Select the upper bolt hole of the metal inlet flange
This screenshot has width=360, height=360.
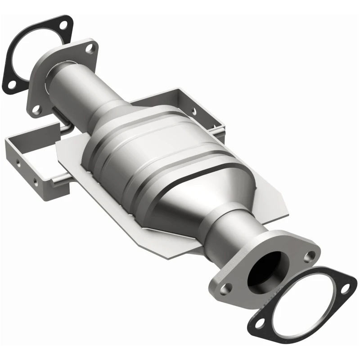coord(91,47)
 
